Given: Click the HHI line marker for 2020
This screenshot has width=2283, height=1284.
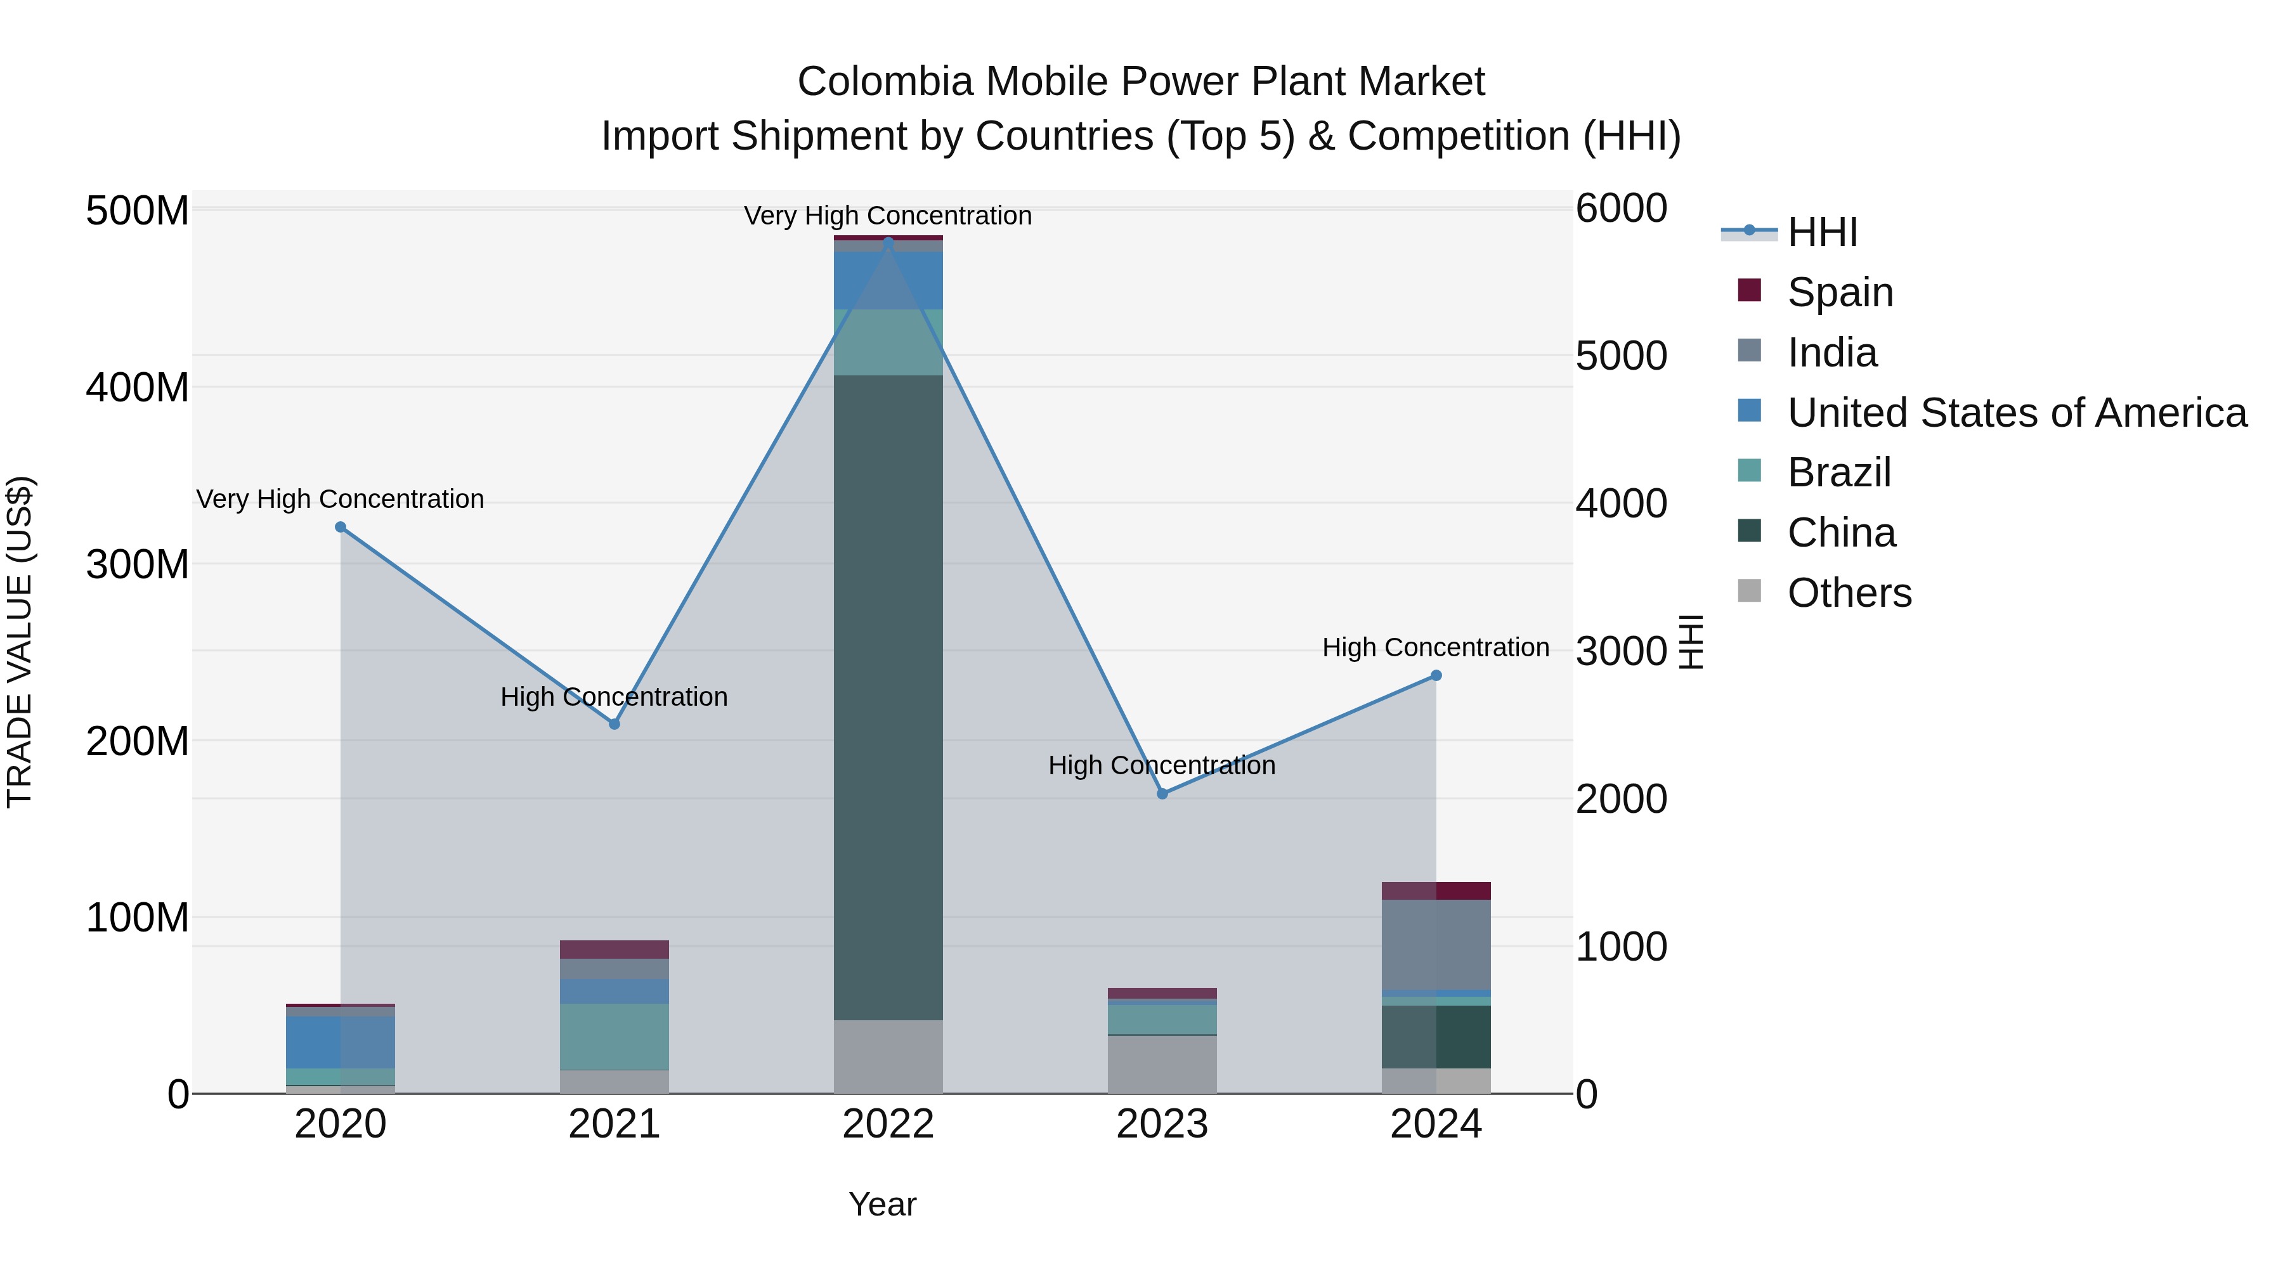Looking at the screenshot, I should pos(341,528).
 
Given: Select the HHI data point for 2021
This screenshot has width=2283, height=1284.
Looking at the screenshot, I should pos(614,724).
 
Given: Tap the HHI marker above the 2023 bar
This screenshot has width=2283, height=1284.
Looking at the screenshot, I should pos(1162,794).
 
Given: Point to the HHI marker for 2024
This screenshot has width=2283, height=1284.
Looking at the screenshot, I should pos(1436,676).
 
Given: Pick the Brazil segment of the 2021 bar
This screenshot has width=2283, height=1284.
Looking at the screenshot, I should pos(614,1036).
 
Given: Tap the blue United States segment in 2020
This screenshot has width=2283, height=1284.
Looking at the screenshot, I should pos(341,1041).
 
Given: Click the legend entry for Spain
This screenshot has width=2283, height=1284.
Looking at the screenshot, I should pos(1839,292).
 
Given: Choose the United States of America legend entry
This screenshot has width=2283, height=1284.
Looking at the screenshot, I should pos(2016,413).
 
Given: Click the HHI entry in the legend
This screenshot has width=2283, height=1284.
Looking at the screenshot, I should pos(1821,232).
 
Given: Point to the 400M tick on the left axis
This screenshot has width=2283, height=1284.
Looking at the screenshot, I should pos(138,388).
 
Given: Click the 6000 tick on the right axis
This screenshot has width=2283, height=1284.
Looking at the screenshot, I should pos(1621,209).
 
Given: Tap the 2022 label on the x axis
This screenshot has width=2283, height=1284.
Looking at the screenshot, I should pos(888,1124).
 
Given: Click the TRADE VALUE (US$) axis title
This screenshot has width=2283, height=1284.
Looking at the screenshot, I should pos(20,642).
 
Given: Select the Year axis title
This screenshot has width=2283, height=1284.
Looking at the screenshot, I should pos(882,1204).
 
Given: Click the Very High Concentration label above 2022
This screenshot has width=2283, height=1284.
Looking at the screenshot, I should pos(887,216).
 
